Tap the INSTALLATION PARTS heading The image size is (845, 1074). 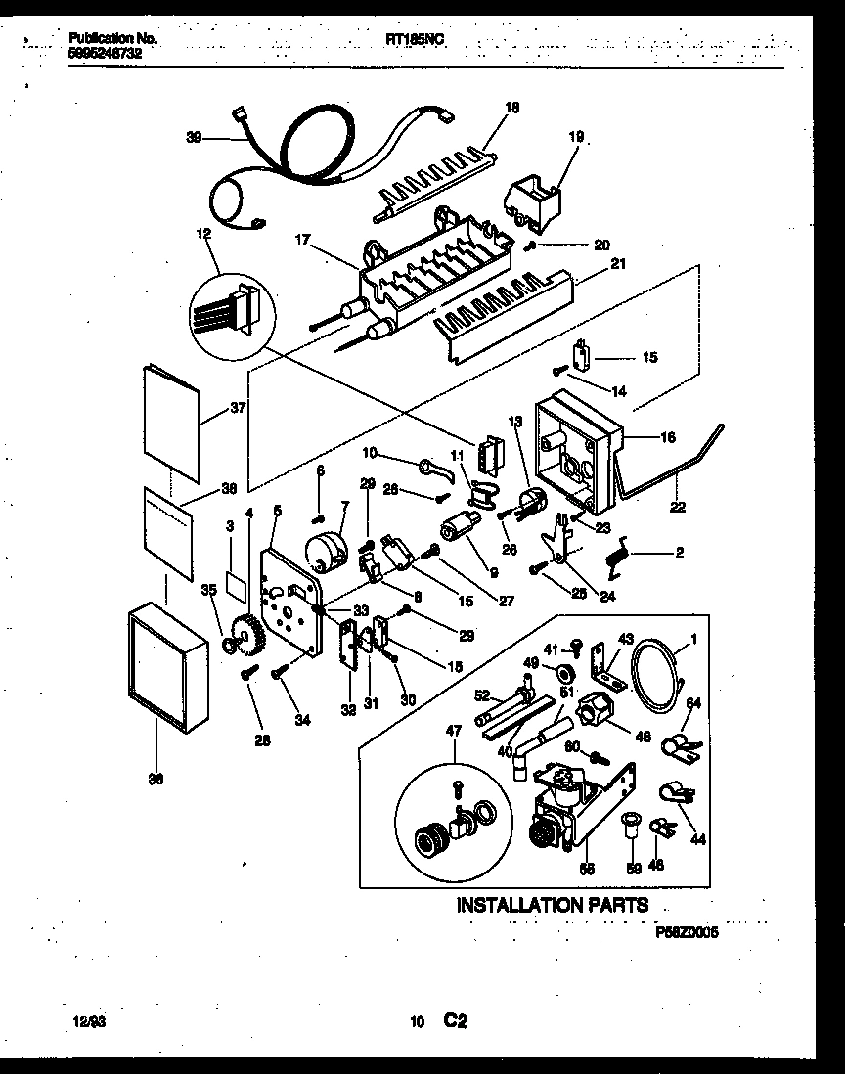tap(553, 906)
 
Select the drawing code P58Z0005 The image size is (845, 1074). tap(688, 933)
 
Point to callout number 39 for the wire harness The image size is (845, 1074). tap(194, 138)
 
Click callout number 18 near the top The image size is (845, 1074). tap(511, 108)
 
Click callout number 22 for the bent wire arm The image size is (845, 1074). tap(678, 507)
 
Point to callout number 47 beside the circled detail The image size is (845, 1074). tap(454, 730)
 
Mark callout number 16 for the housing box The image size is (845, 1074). tap(666, 437)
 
